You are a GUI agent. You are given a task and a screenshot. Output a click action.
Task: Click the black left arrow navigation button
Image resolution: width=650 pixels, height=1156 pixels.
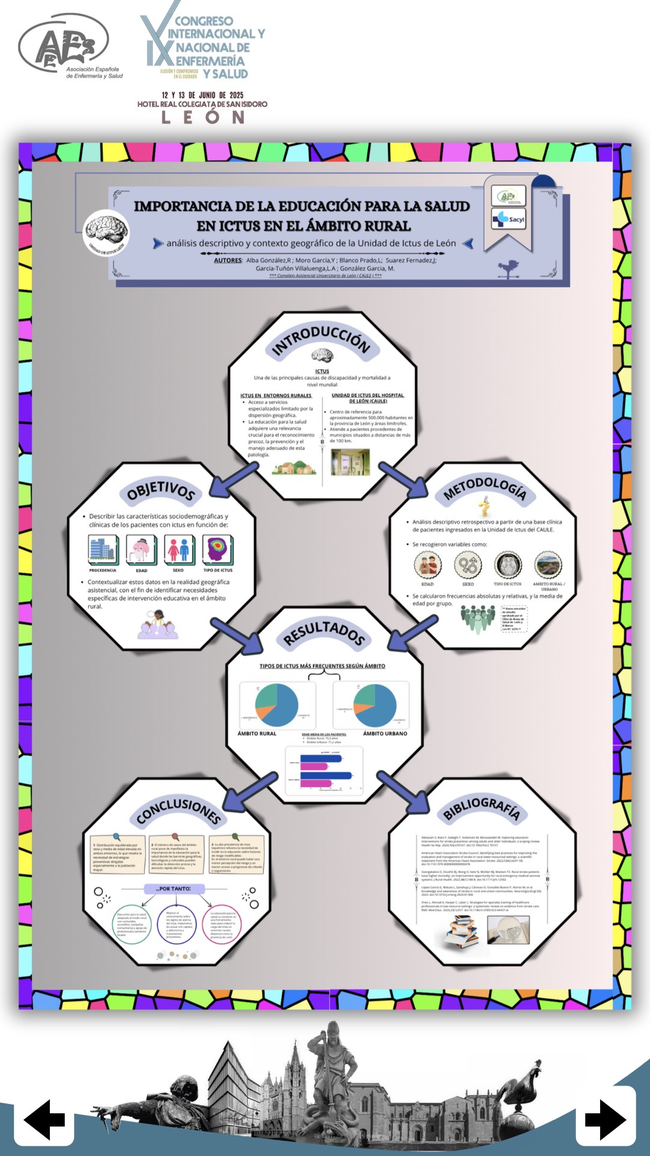(44, 1119)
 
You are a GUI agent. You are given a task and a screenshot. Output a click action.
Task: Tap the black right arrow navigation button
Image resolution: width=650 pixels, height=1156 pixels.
(605, 1119)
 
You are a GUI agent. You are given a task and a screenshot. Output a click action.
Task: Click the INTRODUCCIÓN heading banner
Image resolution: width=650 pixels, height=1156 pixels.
(321, 341)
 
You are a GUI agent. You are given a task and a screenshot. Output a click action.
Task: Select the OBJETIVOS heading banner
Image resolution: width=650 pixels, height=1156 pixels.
(161, 491)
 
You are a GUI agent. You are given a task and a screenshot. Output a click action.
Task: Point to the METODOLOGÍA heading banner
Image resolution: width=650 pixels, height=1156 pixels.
(485, 488)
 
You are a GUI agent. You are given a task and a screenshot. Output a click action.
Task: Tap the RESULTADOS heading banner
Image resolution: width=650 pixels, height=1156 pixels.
(324, 633)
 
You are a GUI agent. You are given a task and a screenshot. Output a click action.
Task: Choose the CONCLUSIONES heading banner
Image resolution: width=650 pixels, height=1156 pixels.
(178, 809)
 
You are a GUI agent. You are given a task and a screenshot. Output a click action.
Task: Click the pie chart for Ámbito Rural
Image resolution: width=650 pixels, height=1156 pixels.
(276, 705)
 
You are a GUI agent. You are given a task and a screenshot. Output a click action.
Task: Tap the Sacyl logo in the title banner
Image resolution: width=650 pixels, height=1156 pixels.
(509, 219)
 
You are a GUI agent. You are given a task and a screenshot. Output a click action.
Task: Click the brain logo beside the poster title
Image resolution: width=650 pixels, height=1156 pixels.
(106, 232)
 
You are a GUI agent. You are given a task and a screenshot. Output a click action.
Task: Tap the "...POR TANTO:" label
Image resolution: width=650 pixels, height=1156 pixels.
(174, 889)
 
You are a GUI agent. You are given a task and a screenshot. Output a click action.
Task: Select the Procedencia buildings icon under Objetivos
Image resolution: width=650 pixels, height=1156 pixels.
(103, 549)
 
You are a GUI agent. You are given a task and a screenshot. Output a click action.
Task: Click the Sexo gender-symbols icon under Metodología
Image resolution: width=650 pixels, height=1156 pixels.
(468, 565)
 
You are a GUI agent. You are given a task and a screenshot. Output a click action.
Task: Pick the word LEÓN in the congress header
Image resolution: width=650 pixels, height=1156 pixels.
(203, 117)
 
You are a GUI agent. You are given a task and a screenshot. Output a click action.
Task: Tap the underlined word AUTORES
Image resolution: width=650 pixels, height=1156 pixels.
(228, 261)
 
